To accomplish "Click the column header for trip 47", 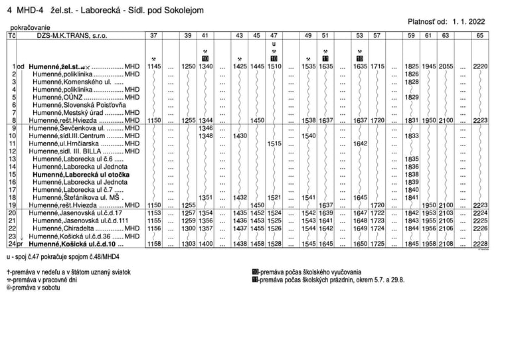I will tap(274, 35).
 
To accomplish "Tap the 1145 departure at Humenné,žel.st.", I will tap(154, 67).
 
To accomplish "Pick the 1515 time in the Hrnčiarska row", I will tap(274, 143).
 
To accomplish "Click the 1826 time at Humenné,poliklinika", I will tap(412, 75).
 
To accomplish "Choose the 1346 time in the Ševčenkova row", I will tap(205, 128).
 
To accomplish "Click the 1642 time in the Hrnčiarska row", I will tap(360, 143).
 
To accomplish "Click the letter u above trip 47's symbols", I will tap(274, 44).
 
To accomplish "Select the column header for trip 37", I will tap(154, 35).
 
